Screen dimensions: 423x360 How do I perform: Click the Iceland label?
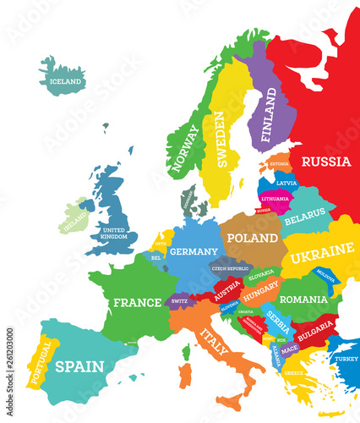(66, 82)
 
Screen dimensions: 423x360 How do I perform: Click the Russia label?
(325, 161)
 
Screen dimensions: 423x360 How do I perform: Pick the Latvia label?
(286, 183)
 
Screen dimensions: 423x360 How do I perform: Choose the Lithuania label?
(275, 199)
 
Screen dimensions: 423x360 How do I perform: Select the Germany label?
(194, 251)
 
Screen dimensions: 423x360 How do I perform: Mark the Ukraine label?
(323, 250)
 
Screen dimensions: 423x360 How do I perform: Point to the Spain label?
(79, 366)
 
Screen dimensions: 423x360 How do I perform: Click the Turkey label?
(346, 358)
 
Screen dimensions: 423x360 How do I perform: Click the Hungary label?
(261, 297)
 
